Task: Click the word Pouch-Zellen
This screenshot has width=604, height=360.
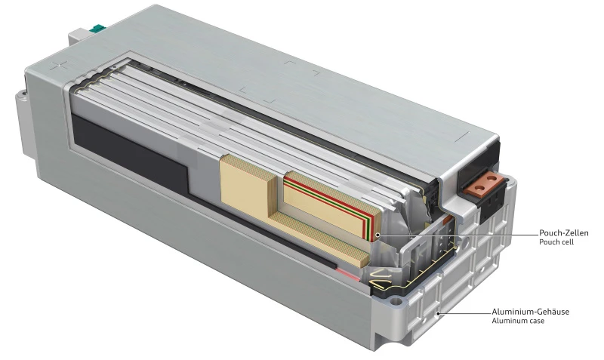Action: pos(562,232)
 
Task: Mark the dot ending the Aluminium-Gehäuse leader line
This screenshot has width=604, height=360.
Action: pos(438,311)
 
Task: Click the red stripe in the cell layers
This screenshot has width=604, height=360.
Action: pos(332,202)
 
